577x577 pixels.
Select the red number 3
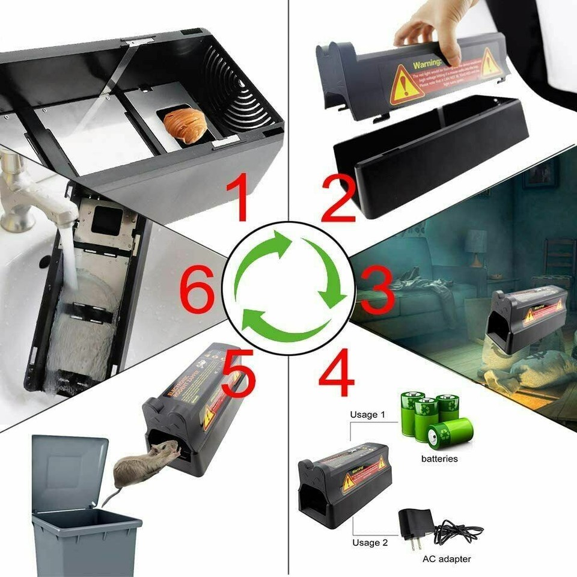(373, 293)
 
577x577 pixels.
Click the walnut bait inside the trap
(185, 125)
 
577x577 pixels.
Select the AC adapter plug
(415, 523)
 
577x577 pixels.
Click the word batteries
(439, 459)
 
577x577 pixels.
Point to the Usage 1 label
(368, 415)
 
